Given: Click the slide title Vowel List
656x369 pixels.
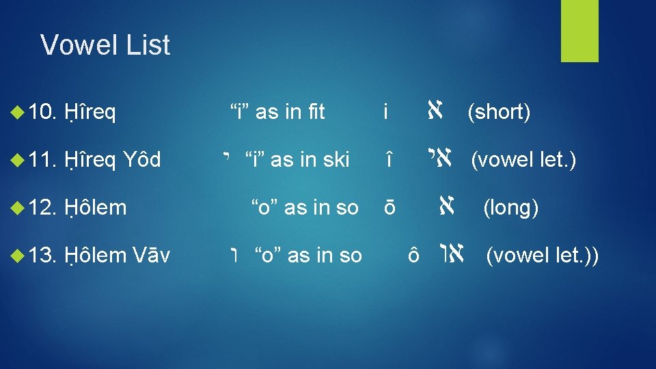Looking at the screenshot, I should pyautogui.click(x=105, y=45).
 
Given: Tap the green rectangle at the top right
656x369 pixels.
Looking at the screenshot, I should pyautogui.click(x=579, y=31).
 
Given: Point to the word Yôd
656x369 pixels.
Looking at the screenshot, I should pyautogui.click(x=142, y=160).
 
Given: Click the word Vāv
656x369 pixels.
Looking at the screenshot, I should pyautogui.click(x=152, y=256).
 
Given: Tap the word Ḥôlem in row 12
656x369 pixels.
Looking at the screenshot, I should pyautogui.click(x=96, y=208).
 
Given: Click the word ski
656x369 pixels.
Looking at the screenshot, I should pyautogui.click(x=333, y=160).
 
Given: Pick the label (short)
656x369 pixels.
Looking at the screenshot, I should pyautogui.click(x=498, y=112).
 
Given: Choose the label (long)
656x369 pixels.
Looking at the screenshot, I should pyautogui.click(x=511, y=208).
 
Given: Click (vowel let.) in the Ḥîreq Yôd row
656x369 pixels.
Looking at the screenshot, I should pyautogui.click(x=523, y=160).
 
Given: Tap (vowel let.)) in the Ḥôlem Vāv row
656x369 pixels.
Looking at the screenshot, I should pyautogui.click(x=543, y=256).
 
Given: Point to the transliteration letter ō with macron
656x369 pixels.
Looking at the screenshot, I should pyautogui.click(x=388, y=208).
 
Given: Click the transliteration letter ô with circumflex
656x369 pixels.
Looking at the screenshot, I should pyautogui.click(x=412, y=256).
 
